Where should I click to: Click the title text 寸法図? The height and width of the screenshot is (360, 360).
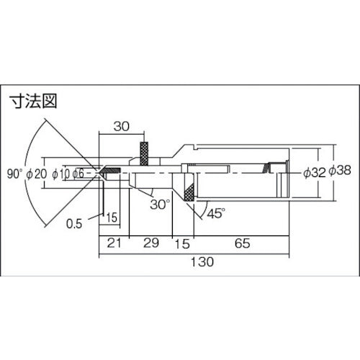32,102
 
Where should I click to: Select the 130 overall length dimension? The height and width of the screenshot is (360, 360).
204,264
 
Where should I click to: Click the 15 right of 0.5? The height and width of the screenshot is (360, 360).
112,217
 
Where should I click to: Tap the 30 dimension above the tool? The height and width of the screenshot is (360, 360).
122,126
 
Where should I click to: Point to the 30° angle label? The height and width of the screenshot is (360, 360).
161,203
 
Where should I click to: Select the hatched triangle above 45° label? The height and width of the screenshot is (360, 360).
189,192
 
